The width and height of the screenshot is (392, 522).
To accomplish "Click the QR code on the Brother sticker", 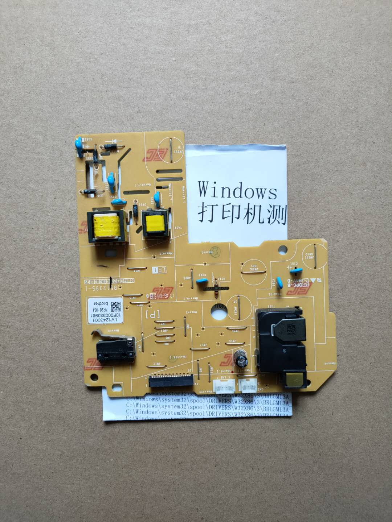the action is click(116, 306).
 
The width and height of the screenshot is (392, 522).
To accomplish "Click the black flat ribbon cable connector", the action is click(170, 382).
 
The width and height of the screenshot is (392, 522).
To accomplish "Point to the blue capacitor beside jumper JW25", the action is click(201, 281).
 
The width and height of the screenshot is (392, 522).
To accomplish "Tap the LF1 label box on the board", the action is click(160, 269).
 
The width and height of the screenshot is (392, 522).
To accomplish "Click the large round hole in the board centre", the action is click(219, 310).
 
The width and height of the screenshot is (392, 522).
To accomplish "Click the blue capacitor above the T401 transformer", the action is click(157, 197).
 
